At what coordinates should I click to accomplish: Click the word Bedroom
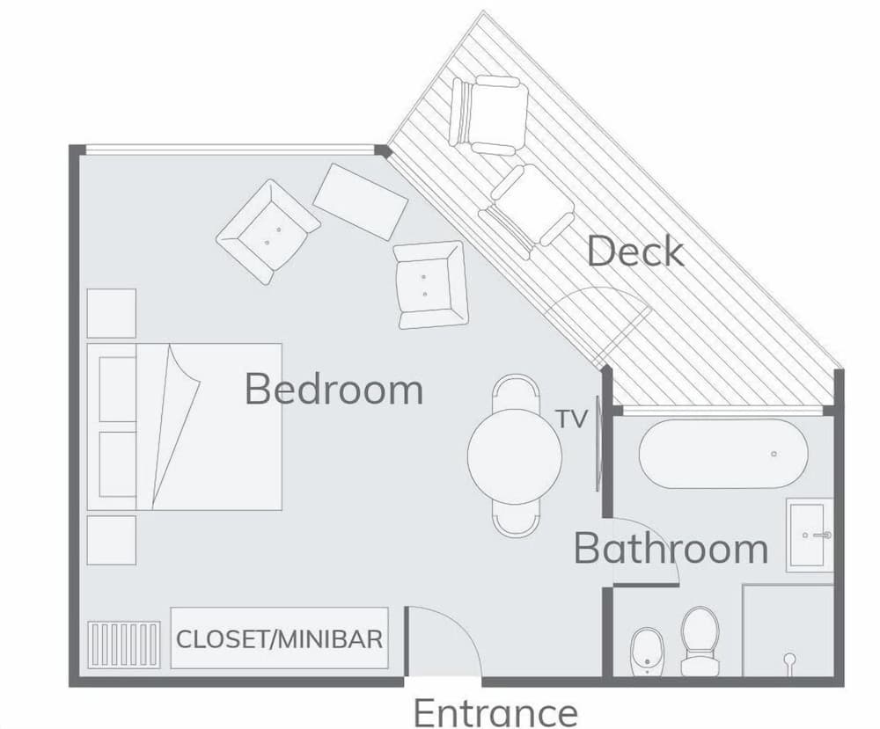point(334,389)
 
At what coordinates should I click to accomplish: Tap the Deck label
point(634,252)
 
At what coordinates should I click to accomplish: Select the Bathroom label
point(671,548)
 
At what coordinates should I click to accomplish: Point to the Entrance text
point(495,711)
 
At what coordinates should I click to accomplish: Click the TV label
point(571,420)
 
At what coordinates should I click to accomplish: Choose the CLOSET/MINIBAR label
point(280,638)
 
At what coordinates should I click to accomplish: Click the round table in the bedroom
point(514,456)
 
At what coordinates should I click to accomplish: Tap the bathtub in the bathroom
point(723,454)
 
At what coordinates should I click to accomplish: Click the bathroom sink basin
point(808,535)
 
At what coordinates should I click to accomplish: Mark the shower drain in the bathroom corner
point(789,658)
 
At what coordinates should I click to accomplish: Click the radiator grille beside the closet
point(124,645)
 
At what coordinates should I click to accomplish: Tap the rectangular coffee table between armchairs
point(361,200)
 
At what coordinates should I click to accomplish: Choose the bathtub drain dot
point(774,454)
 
